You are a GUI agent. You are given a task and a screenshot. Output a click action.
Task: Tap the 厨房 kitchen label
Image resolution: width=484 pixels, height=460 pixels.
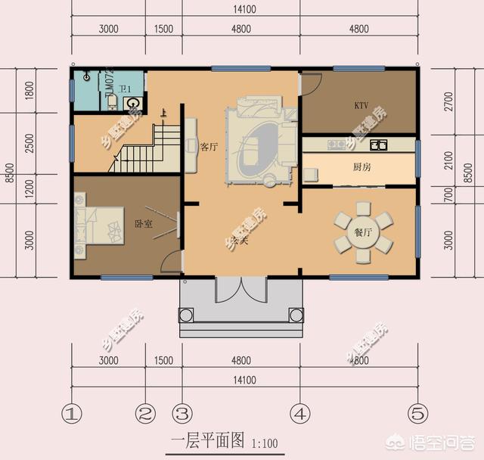click(361, 168)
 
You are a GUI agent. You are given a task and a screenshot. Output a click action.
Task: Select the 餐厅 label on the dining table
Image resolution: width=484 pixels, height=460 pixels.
click(363, 232)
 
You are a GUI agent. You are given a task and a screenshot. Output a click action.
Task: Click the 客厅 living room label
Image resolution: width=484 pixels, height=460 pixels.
click(209, 147)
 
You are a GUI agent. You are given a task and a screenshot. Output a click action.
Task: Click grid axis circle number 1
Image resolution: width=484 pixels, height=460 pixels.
click(71, 414)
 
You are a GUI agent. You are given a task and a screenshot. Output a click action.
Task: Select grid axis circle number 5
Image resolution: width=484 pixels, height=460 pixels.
click(416, 414)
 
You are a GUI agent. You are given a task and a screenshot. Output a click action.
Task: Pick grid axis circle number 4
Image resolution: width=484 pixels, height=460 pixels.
click(300, 414)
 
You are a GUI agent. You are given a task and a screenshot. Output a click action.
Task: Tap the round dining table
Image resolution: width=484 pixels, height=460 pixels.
click(364, 232)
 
